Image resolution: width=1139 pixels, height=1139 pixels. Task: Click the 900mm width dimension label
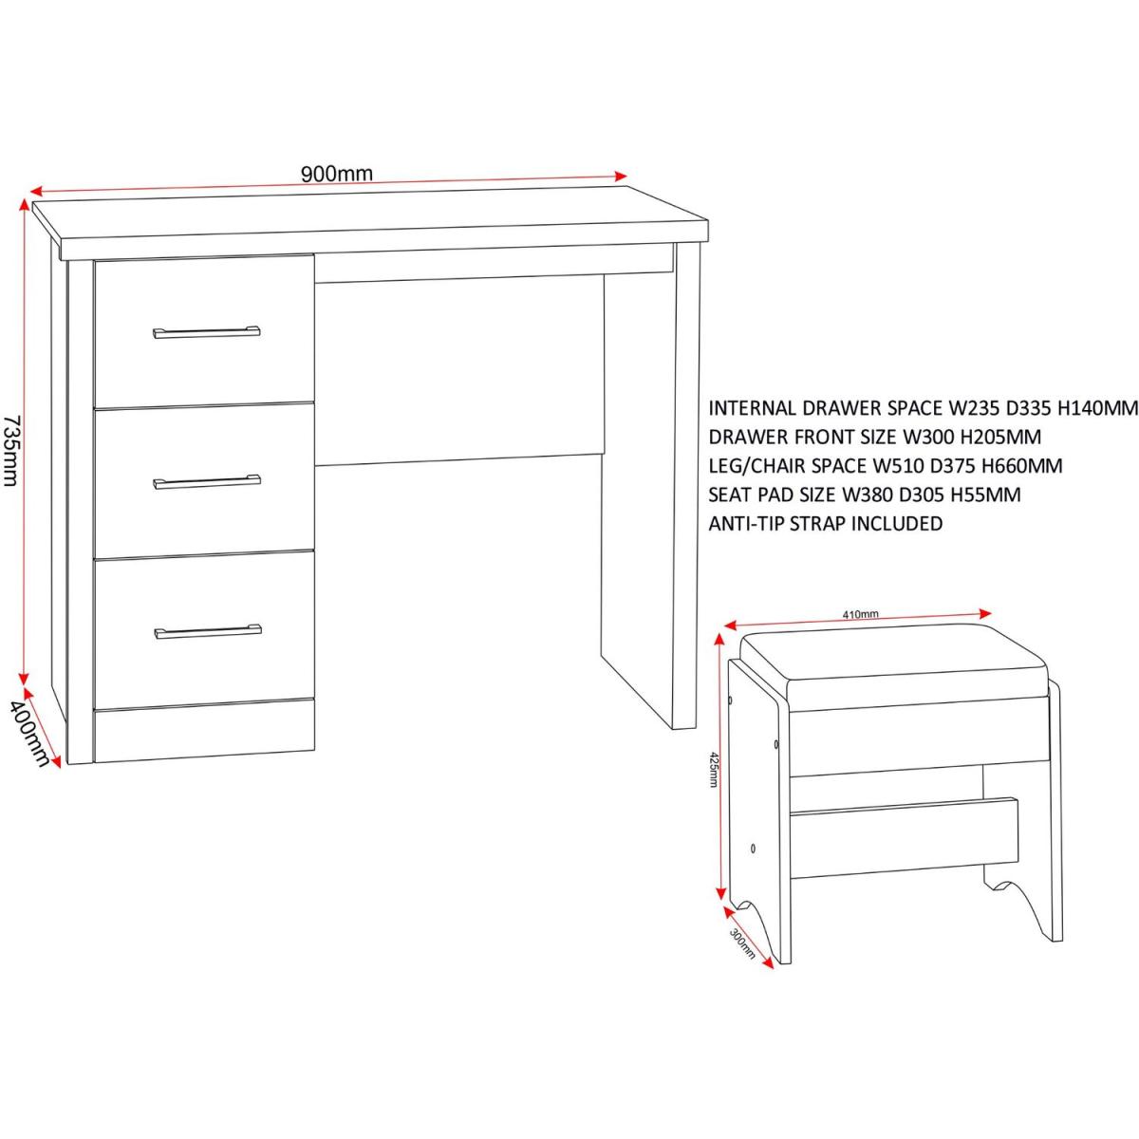[337, 174]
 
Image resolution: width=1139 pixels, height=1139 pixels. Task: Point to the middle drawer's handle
[207, 482]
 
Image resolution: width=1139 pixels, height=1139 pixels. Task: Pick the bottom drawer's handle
[208, 632]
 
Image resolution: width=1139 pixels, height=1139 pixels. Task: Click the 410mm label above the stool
[860, 614]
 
